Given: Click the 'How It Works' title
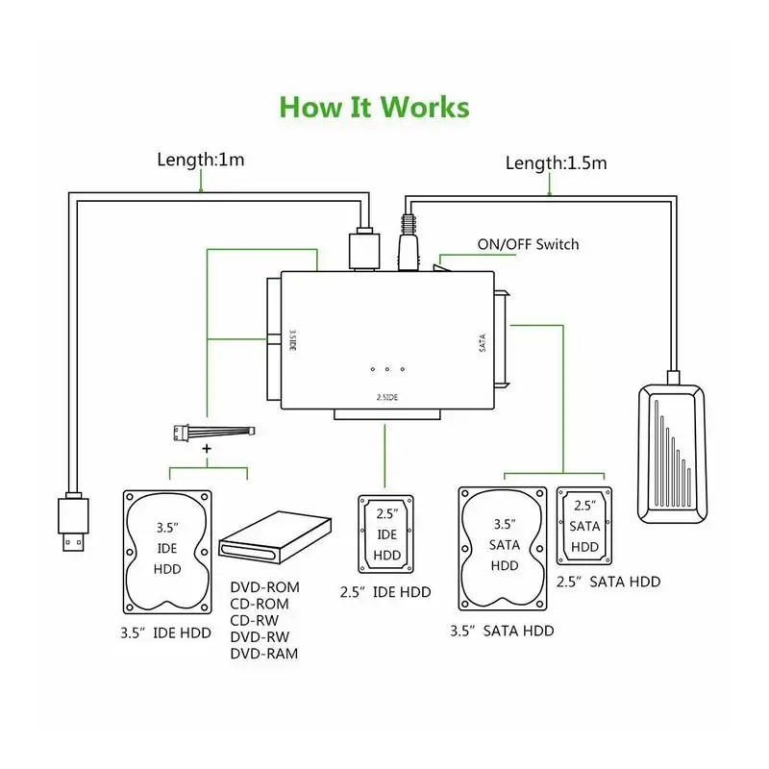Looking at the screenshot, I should [374, 107].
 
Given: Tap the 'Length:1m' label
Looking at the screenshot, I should [201, 159].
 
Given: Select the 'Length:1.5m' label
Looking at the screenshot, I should [557, 162].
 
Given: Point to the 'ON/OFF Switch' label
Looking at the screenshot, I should [528, 244].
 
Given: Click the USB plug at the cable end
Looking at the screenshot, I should [73, 524].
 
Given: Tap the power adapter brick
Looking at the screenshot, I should [671, 452].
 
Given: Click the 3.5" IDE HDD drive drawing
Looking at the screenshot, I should [167, 553].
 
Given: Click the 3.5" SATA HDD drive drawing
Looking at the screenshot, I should [505, 550].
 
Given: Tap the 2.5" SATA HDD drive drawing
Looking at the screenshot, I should [585, 526].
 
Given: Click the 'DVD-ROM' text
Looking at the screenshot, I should [264, 586].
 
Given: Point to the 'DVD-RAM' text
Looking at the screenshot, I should [264, 654].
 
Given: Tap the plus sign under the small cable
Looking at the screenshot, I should [207, 450].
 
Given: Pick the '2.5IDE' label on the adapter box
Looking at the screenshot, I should [386, 396].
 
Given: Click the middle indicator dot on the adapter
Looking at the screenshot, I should [386, 370].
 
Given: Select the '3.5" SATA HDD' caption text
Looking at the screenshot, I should [502, 631].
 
